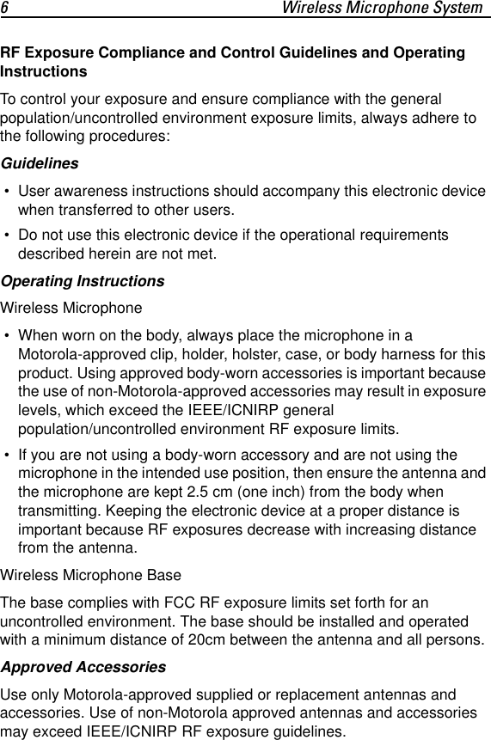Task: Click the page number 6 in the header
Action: point(5,9)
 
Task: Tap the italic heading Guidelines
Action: point(40,163)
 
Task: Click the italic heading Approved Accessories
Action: point(83,667)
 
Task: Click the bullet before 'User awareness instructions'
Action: point(7,191)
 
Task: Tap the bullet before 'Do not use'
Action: point(7,235)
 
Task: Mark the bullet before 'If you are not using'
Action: point(7,455)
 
